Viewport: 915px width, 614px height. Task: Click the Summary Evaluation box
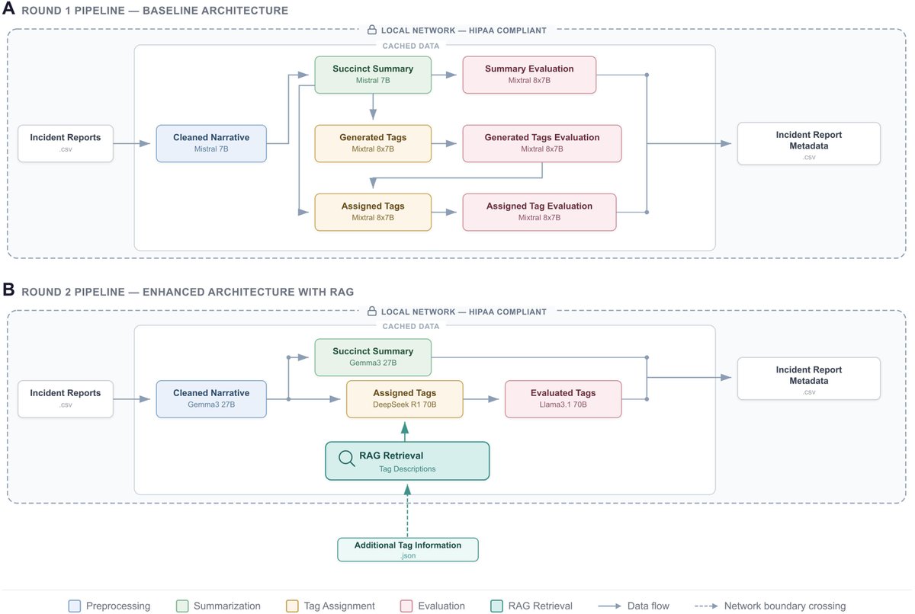(529, 75)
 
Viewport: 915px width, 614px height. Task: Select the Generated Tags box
(373, 144)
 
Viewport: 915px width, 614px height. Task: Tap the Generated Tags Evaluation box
(541, 144)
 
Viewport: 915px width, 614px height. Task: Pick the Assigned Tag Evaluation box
(539, 212)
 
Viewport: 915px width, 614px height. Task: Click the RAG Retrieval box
(407, 461)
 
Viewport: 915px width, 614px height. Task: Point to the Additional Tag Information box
(408, 549)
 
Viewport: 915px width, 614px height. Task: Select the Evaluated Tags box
(563, 399)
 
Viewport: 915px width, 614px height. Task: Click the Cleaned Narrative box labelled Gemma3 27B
(211, 399)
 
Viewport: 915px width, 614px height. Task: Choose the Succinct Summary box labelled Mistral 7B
(373, 75)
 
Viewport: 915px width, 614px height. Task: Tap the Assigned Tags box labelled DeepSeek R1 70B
(404, 399)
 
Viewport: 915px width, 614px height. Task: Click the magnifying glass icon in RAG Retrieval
(346, 458)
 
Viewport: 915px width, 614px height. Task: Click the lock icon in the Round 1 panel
(372, 30)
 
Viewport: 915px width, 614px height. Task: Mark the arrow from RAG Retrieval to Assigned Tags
(405, 432)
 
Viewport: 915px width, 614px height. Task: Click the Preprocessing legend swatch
(75, 606)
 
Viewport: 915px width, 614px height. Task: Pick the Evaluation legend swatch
(406, 606)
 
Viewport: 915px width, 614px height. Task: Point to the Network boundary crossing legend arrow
(706, 606)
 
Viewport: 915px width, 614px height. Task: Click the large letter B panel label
(8, 289)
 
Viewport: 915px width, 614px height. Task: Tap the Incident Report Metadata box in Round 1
(809, 144)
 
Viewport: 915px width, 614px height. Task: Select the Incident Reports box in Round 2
(66, 399)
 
